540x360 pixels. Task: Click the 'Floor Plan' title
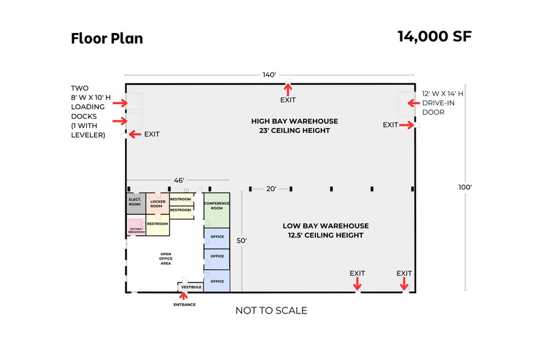tap(107, 38)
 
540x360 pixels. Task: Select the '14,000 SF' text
tap(434, 36)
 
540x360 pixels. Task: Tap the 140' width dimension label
tap(269, 75)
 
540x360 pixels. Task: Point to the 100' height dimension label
tap(465, 187)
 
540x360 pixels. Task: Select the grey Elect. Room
tap(135, 202)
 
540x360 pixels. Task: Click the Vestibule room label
tap(191, 287)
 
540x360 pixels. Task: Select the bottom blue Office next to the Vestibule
tap(217, 281)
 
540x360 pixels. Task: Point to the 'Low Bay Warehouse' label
tap(325, 230)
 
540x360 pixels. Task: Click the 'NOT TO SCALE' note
tap(271, 310)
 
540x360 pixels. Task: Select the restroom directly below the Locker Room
tap(157, 224)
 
